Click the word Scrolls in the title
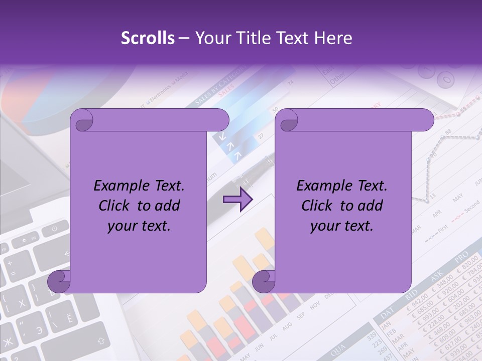tap(148, 38)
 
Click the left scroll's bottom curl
tap(59, 281)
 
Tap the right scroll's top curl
tap(288, 121)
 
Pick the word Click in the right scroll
tap(317, 206)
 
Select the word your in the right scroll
tap(324, 226)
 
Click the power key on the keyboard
tap(53, 230)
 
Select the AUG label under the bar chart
tap(287, 327)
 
